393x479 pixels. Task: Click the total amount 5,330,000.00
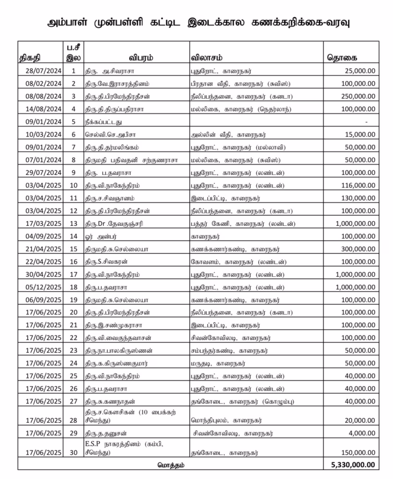(351, 464)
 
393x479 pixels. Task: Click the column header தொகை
(342, 58)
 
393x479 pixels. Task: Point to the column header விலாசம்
(206, 58)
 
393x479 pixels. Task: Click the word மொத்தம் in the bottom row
(170, 464)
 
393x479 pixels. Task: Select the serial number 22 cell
(73, 338)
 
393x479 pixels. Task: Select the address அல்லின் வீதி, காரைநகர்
(223, 134)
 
